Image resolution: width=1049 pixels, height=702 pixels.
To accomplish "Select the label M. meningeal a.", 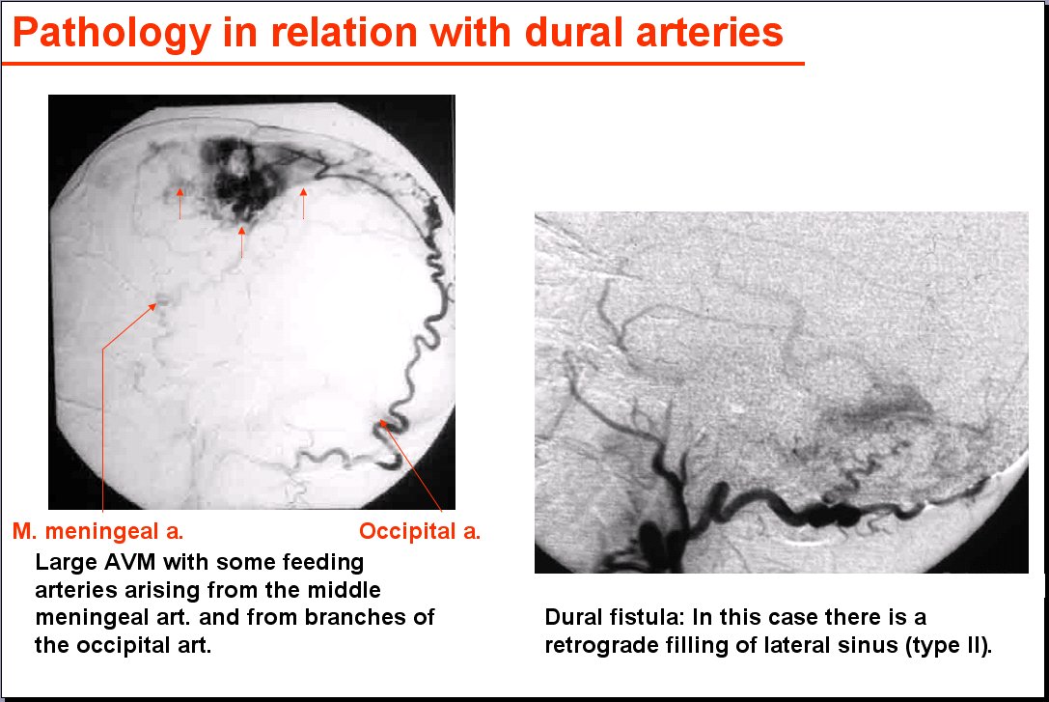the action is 97,531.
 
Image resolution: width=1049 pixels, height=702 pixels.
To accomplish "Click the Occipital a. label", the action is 420,531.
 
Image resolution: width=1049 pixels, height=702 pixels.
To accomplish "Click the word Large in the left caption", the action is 65,563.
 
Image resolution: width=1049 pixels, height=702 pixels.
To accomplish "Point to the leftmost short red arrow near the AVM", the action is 179,204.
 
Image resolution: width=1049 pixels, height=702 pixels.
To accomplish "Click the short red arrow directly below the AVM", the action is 241,242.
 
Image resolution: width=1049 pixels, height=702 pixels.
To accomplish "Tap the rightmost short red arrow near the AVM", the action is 303,204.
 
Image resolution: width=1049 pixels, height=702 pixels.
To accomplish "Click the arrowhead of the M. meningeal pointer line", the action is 152,306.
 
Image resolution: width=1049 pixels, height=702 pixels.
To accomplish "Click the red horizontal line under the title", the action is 402,64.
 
